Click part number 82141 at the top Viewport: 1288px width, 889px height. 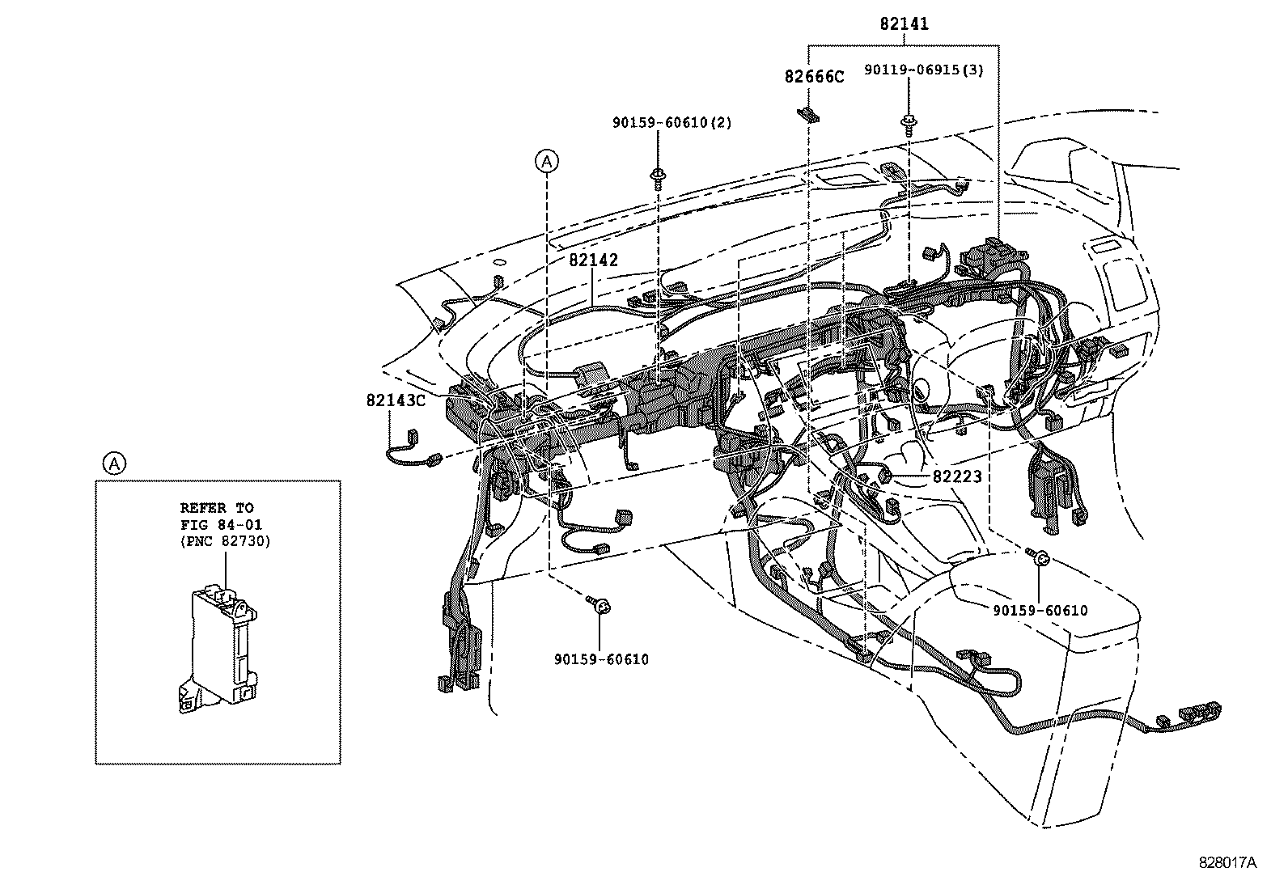point(905,24)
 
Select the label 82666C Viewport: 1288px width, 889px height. point(813,77)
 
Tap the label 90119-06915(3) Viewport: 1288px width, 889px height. point(924,70)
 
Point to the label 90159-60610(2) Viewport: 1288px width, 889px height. point(672,123)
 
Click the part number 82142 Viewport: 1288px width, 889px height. point(593,260)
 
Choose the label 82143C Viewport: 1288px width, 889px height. point(395,400)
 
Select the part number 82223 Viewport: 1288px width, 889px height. point(957,477)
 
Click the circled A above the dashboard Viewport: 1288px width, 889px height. point(548,162)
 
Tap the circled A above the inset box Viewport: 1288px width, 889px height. point(114,464)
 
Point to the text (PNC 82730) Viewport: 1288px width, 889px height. point(225,540)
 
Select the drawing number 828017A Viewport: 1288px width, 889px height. point(1227,862)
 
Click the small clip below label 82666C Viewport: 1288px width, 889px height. point(809,114)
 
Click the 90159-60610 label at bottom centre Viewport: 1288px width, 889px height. point(601,659)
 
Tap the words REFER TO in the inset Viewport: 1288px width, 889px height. point(216,508)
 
